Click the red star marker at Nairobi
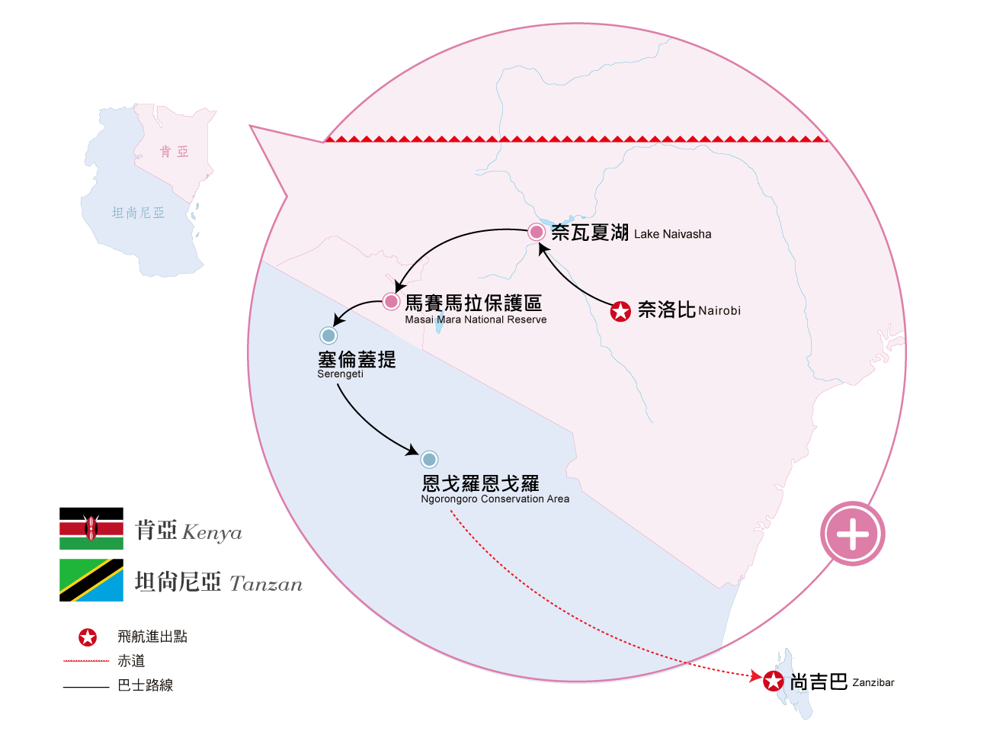pos(621,311)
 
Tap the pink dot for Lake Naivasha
pos(537,232)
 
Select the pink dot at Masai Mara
pos(391,302)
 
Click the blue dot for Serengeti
pos(328,335)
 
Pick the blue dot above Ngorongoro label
pos(429,460)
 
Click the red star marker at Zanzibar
pos(774,682)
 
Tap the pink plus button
pos(853,534)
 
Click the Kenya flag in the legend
pos(91,529)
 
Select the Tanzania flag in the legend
pos(91,580)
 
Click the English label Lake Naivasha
pos(672,234)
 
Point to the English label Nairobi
pos(719,311)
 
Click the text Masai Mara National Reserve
pos(476,320)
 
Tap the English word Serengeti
pos(340,374)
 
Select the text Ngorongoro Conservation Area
pos(495,499)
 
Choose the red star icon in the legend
pos(88,637)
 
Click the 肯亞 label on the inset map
pos(175,152)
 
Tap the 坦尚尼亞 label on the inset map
pos(138,213)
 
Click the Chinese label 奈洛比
pos(667,310)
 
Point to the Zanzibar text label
pos(873,682)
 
